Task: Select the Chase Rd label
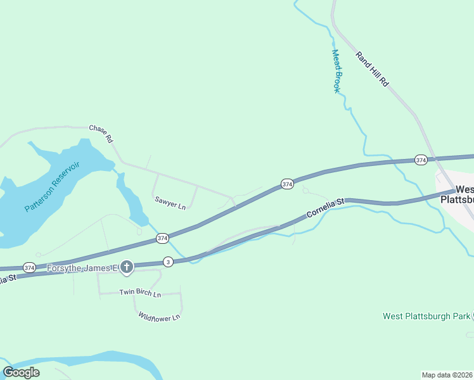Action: tap(101, 132)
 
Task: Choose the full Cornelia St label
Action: tap(324, 208)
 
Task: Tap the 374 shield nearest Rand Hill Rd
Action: tap(421, 160)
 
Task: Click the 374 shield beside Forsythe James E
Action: tap(29, 268)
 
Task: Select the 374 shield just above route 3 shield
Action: tap(162, 238)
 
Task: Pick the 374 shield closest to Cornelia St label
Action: tap(287, 184)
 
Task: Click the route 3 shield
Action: tap(168, 261)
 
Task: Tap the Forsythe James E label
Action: tap(82, 268)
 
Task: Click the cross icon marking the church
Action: tap(127, 268)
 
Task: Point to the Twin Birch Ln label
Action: tap(140, 294)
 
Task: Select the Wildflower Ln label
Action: tap(159, 316)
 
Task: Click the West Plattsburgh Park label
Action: tap(427, 315)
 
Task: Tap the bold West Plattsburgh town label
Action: tap(464, 194)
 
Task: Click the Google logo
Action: tap(21, 372)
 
